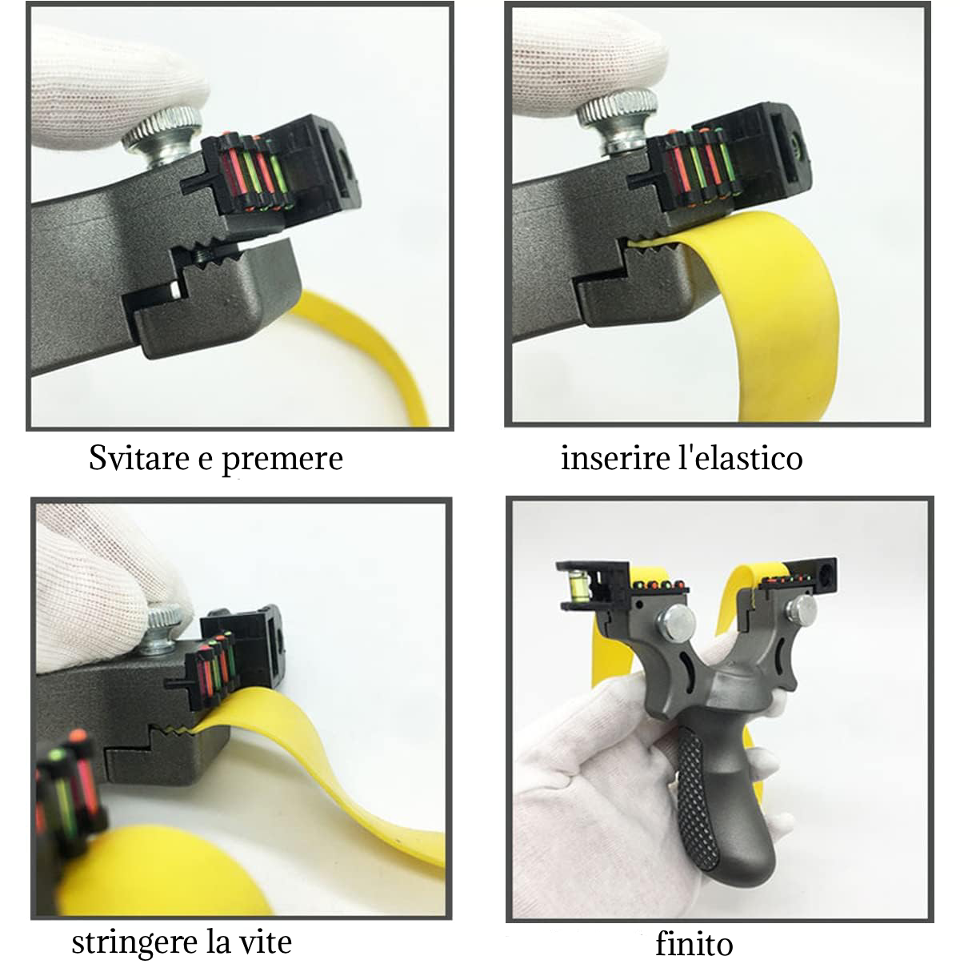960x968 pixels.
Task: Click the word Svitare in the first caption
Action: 139,458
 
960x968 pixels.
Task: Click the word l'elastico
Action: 741,458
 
